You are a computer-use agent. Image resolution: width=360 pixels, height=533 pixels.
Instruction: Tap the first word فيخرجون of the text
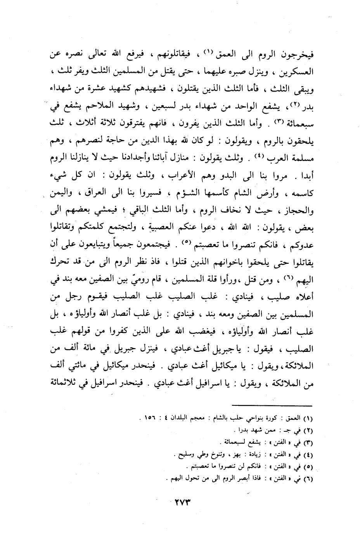[298, 54]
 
